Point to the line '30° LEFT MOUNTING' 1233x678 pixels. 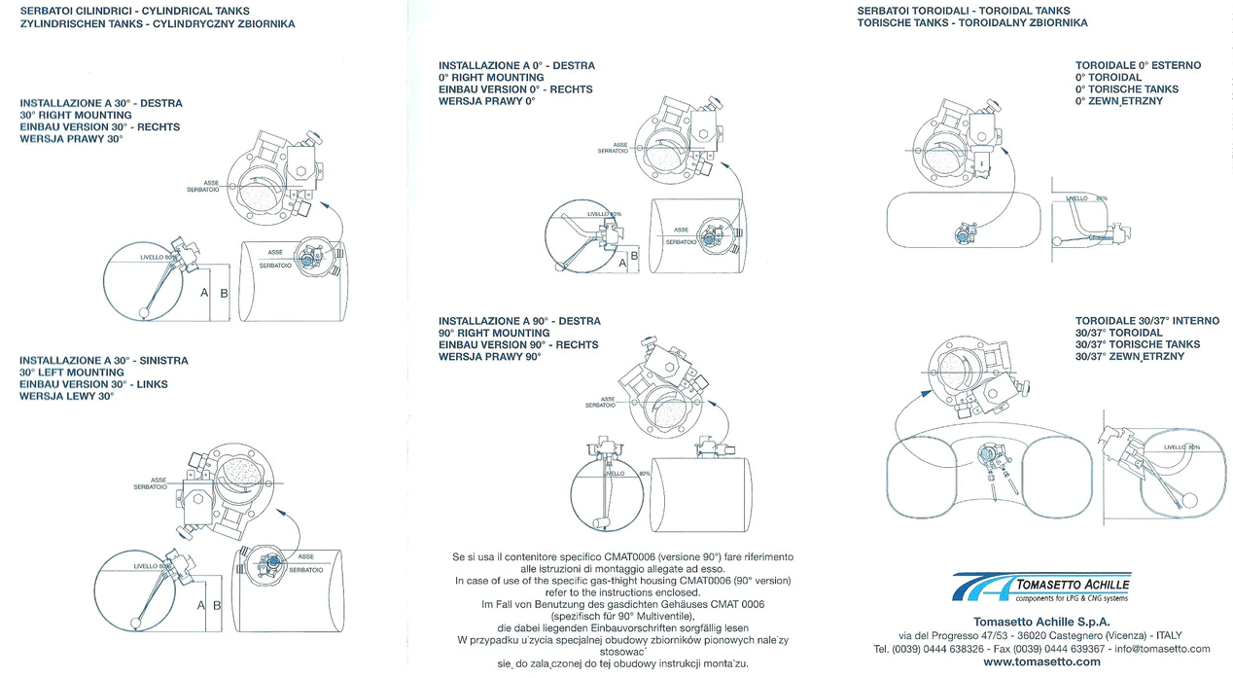(72, 373)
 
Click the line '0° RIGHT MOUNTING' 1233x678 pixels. (491, 78)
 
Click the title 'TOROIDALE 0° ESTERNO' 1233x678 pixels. (1138, 65)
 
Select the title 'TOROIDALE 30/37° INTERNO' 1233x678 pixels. (1146, 321)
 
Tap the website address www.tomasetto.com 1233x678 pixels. (1041, 662)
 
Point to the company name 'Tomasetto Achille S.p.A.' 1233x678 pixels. (1041, 621)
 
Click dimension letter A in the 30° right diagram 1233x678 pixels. (204, 293)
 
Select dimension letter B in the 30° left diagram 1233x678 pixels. (217, 605)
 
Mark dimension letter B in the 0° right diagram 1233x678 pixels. (634, 256)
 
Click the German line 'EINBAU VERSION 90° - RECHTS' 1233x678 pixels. (518, 345)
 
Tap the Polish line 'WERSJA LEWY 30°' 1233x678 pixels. (67, 397)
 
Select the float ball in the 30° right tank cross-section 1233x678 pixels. (145, 312)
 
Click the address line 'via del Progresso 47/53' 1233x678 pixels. (958, 635)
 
